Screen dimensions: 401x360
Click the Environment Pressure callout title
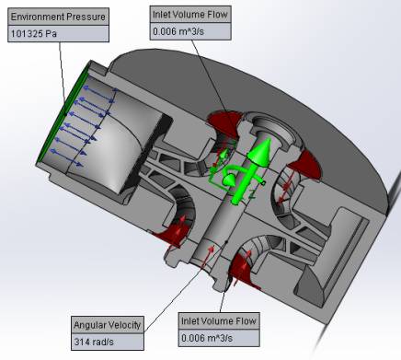pos(58,17)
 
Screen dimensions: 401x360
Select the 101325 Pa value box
pos(58,34)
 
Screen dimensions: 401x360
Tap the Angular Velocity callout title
pos(108,325)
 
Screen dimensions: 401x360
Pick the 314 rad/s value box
pos(108,342)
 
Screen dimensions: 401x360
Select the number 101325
pos(27,34)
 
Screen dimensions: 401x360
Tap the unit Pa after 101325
pos(52,34)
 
